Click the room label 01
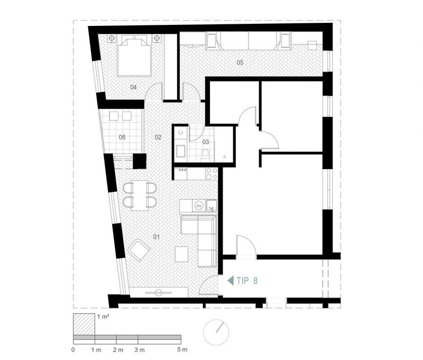click(x=157, y=237)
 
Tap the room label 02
click(x=158, y=137)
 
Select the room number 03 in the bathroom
click(x=206, y=142)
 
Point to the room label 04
click(x=133, y=87)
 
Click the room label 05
click(x=240, y=62)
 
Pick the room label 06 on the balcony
click(x=122, y=137)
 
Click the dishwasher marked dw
click(x=199, y=206)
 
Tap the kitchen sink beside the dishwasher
click(x=212, y=206)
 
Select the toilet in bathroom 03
click(x=206, y=155)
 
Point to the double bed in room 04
click(x=134, y=56)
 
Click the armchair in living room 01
click(x=139, y=250)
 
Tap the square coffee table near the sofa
click(x=181, y=254)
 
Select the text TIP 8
click(x=247, y=281)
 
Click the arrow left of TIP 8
click(x=231, y=281)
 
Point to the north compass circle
click(x=216, y=332)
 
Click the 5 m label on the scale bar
click(x=182, y=350)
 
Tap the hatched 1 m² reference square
click(x=84, y=325)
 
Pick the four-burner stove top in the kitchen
click(x=212, y=174)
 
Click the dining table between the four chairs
click(x=140, y=195)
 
